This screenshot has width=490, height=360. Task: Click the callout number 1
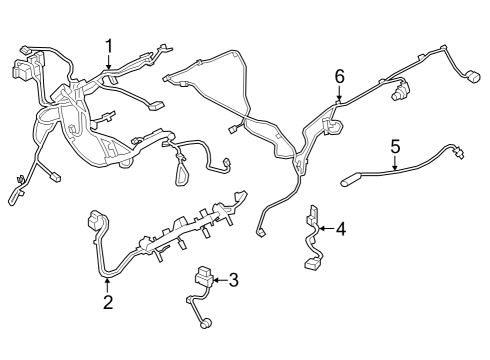pos(109,45)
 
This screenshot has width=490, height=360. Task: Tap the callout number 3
pos(234,280)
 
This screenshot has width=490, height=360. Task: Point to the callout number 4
pos(340,230)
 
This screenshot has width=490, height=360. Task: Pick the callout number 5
pos(395,146)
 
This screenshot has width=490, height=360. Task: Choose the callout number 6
pos(339,77)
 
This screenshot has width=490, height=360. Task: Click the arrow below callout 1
pos(109,63)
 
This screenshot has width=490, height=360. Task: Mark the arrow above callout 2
pos(108,284)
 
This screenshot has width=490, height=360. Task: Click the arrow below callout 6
pos(339,95)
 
